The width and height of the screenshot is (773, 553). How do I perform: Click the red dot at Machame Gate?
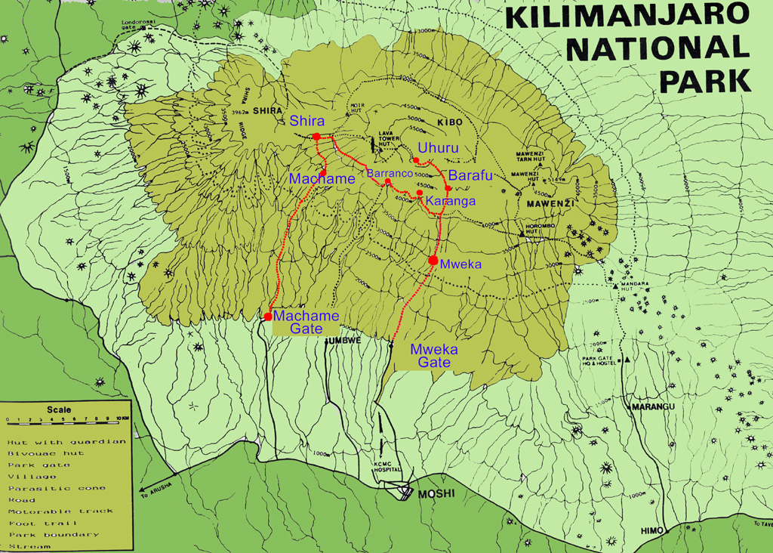[268, 317]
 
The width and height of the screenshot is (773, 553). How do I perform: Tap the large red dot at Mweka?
[433, 261]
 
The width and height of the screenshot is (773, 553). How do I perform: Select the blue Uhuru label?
[438, 148]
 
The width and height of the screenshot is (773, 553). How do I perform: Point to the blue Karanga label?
[451, 201]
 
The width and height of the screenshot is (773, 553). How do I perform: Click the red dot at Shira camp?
[317, 137]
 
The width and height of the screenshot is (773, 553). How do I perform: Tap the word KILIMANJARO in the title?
[627, 16]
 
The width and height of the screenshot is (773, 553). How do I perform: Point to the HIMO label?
[651, 530]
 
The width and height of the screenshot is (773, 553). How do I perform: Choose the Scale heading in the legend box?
[59, 410]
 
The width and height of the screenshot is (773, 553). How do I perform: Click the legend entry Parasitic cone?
[57, 488]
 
